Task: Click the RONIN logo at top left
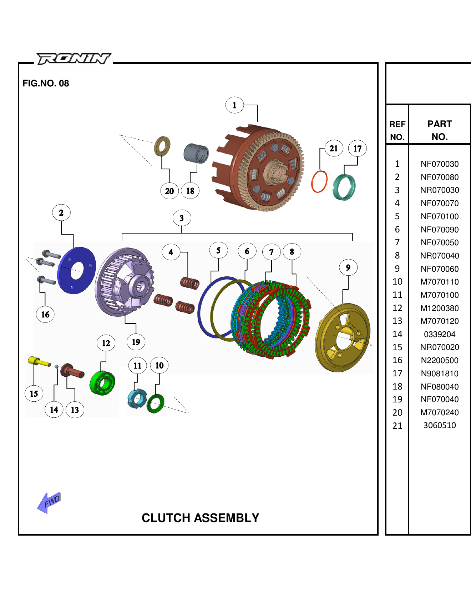(74, 59)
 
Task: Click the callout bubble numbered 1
(234, 105)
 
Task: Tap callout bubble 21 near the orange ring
(334, 149)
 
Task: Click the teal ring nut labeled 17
(344, 187)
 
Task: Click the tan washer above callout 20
(162, 146)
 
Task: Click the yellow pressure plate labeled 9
(343, 337)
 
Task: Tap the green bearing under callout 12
(102, 383)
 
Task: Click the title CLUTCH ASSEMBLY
(200, 518)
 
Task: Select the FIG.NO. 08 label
(46, 83)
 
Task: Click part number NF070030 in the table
(440, 164)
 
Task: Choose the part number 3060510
(440, 425)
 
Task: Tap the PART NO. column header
(440, 130)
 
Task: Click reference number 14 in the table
(397, 334)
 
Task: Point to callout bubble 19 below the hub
(136, 342)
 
